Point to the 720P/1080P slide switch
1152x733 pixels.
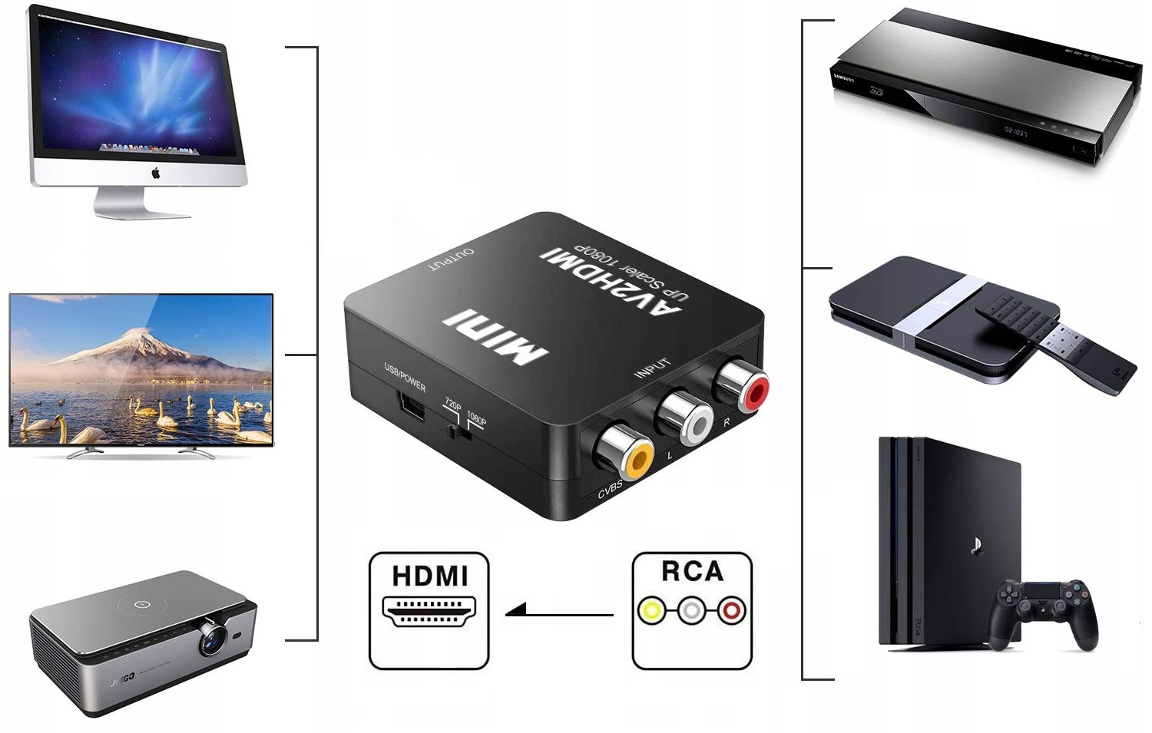[458, 432]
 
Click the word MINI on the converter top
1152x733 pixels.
[496, 336]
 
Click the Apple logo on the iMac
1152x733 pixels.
[156, 173]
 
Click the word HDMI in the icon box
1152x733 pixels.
[429, 576]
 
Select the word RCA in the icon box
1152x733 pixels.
[692, 572]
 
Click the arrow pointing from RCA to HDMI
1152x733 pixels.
[559, 612]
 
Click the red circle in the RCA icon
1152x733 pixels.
[731, 611]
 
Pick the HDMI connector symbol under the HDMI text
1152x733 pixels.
[429, 609]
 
